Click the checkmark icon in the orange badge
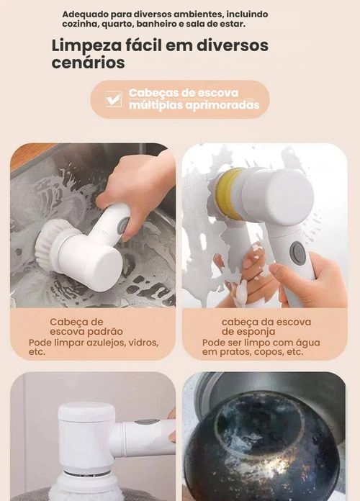point(113,99)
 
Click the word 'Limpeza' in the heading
point(85,45)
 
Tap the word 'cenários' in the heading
point(88,63)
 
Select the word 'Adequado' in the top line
point(85,14)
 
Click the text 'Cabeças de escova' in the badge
point(183,93)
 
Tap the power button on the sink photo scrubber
point(123,222)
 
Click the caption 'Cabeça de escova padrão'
point(86,326)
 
